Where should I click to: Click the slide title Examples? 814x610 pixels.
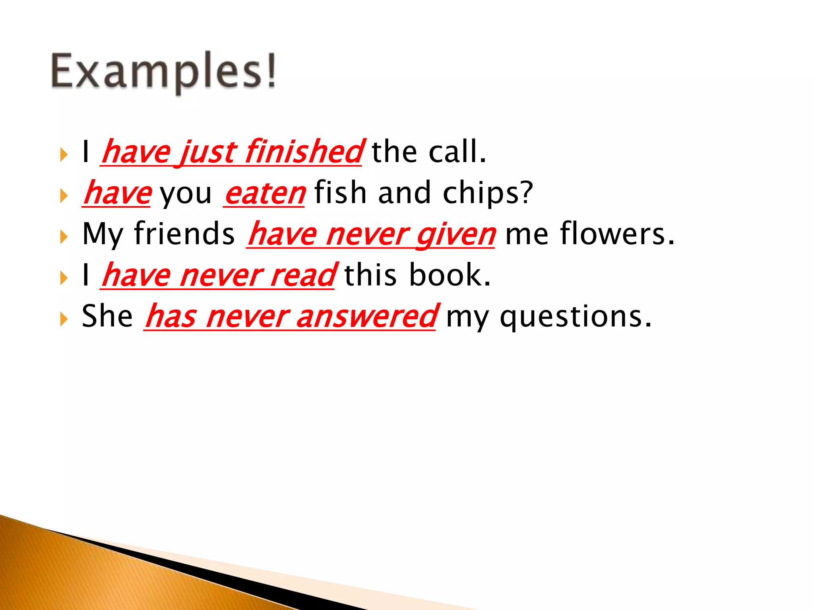(x=163, y=71)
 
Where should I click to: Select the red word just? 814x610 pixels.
(x=207, y=153)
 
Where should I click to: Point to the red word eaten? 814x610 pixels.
(x=265, y=193)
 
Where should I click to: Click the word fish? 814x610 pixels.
(x=340, y=192)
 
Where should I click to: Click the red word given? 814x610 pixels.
(x=456, y=236)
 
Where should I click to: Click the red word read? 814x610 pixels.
(x=302, y=275)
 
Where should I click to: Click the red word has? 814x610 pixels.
(x=171, y=317)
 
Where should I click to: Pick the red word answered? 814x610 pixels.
(x=366, y=317)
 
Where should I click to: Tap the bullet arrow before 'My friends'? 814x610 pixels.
(x=64, y=237)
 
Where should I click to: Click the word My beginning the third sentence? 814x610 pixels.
(x=102, y=234)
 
